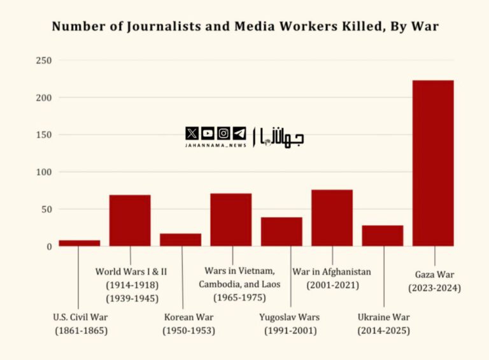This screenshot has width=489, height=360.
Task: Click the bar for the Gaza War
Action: tap(433, 163)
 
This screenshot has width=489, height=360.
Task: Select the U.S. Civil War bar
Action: tap(80, 243)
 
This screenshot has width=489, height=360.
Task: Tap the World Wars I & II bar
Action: tap(130, 220)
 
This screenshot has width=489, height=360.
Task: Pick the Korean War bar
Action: tap(181, 240)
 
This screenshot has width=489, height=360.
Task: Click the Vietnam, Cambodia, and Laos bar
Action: tap(231, 220)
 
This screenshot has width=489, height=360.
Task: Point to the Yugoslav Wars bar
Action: tap(281, 231)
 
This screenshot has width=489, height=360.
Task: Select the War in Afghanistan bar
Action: tap(332, 218)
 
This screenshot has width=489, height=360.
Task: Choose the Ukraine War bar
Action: tap(383, 235)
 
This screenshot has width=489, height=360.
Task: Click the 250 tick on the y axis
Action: tap(43, 61)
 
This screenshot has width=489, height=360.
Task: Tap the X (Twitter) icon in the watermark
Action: tap(192, 133)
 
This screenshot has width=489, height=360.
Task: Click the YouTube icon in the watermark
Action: tap(208, 133)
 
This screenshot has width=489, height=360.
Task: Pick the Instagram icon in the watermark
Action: tap(223, 133)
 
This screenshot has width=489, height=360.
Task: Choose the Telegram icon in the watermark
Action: tap(239, 133)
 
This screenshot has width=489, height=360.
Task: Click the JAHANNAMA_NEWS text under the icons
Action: tap(215, 145)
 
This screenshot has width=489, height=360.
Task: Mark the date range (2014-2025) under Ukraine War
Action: tap(383, 331)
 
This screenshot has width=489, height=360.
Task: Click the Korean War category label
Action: tap(188, 317)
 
